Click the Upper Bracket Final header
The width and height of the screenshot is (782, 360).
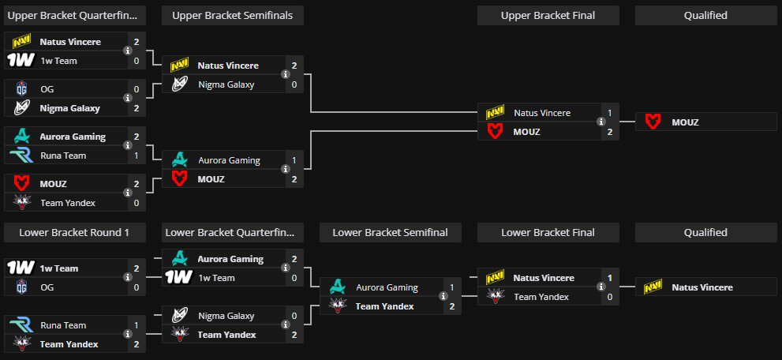548,15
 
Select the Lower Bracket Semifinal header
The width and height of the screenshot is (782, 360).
390,232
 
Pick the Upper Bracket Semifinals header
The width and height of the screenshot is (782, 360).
232,15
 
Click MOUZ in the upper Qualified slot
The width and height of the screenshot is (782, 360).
685,122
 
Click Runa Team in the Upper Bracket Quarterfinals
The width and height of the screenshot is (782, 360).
63,156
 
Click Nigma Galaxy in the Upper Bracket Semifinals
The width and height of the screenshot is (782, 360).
226,84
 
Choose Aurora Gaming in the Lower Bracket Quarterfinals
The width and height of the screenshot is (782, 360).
230,259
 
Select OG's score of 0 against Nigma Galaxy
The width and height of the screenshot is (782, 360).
137,89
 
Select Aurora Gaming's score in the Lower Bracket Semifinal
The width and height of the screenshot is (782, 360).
451,287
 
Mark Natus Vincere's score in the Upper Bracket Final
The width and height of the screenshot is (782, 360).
609,113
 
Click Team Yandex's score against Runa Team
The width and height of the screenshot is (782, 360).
137,344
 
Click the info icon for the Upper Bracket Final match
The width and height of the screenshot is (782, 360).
601,122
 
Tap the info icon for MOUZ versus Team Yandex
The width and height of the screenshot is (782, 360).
128,193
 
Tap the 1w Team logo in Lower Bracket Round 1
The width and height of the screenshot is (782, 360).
21,268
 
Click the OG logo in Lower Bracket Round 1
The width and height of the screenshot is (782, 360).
21,287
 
